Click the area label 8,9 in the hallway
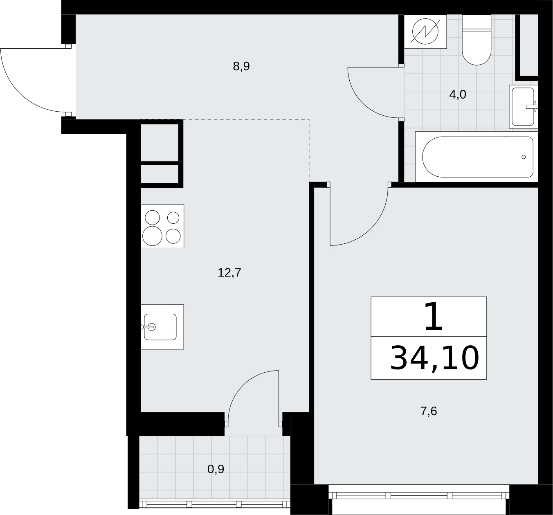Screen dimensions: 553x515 pyautogui.click(x=241, y=67)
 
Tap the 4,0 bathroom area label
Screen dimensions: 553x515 pyautogui.click(x=457, y=95)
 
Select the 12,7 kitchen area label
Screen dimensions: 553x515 pyautogui.click(x=229, y=273)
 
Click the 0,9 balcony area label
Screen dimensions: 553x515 pyautogui.click(x=216, y=469)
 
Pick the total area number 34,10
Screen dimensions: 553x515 pyautogui.click(x=434, y=358)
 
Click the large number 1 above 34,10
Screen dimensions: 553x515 pyautogui.click(x=433, y=317)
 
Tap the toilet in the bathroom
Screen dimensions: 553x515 pyautogui.click(x=477, y=40)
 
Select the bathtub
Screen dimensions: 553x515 pyautogui.click(x=477, y=157)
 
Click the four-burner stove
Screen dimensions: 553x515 pyautogui.click(x=162, y=226)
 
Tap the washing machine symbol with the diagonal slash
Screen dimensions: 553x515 pyautogui.click(x=425, y=31)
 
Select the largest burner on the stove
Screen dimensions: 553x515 pyautogui.click(x=152, y=236)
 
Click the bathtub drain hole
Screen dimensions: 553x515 pyautogui.click(x=524, y=157)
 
